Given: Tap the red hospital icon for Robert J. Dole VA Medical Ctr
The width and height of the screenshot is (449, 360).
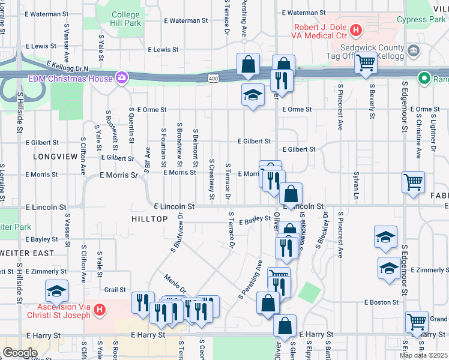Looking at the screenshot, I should [356, 29].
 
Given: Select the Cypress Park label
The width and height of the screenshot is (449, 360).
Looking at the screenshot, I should [421, 19].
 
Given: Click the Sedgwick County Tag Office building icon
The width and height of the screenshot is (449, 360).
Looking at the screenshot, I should [413, 51].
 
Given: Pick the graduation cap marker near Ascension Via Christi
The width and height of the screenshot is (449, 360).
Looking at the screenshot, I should [57, 292].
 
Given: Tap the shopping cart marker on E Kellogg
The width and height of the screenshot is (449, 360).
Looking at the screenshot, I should [365, 62].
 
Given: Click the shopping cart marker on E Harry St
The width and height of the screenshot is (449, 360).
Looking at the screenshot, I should [417, 322].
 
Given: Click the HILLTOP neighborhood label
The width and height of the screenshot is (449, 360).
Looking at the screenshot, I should [149, 219].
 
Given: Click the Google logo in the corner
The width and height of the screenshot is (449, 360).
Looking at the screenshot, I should [20, 353].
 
